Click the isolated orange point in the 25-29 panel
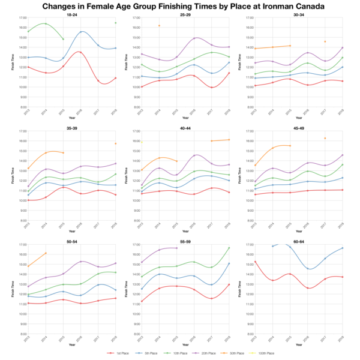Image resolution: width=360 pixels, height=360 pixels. coord(159,26)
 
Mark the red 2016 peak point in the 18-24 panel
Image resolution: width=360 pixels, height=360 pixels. coord(81,52)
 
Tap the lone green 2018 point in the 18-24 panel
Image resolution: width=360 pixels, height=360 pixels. coord(115,23)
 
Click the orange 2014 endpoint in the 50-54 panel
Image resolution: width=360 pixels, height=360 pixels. coord(46,253)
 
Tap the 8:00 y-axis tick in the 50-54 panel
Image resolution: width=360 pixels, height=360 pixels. coord(19,334)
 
